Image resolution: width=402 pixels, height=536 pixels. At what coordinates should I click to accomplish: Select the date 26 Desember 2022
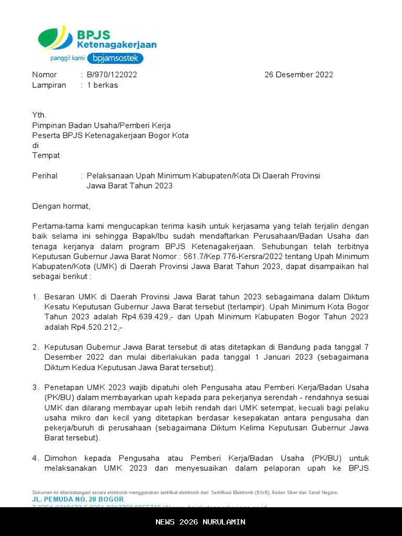tap(298, 75)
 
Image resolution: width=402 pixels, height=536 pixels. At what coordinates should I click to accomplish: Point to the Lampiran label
tap(49, 85)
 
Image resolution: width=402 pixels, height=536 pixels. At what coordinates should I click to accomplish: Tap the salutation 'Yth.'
tap(39, 115)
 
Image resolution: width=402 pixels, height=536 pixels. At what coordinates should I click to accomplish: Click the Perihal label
tap(45, 176)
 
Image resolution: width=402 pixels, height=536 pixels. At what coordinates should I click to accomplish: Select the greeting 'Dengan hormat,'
tap(61, 206)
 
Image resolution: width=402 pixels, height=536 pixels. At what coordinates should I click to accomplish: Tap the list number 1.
tap(36, 297)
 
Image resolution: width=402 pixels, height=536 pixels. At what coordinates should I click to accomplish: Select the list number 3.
tap(36, 388)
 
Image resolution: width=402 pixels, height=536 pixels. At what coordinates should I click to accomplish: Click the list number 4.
tap(36, 459)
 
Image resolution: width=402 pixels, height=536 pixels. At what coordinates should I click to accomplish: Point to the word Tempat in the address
tap(46, 155)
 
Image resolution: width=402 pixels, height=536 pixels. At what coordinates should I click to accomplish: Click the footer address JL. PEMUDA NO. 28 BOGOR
tap(78, 500)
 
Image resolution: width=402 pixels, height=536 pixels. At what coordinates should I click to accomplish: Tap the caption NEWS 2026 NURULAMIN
tap(200, 522)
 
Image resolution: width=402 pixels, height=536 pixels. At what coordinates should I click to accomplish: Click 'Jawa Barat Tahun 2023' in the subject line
tap(129, 186)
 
